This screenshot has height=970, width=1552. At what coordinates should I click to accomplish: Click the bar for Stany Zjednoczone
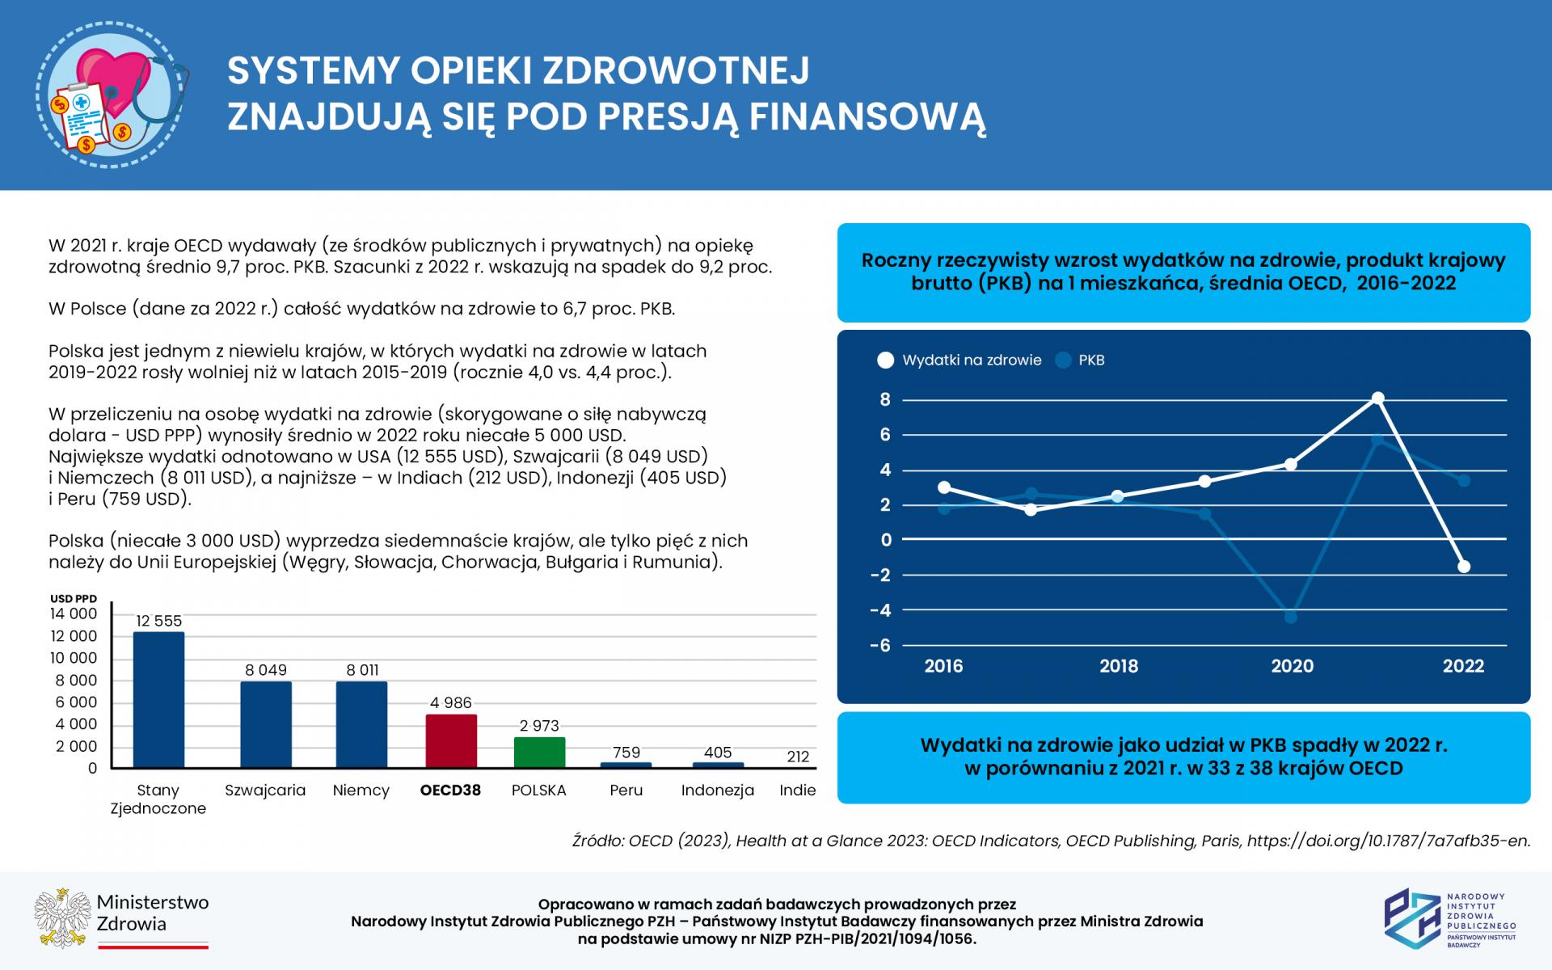click(158, 699)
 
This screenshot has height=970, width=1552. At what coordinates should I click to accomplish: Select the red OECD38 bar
click(451, 740)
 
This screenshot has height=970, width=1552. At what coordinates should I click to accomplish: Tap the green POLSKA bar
click(539, 752)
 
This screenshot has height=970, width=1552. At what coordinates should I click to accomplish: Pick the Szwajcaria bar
click(266, 724)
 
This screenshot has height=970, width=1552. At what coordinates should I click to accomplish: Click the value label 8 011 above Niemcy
click(362, 670)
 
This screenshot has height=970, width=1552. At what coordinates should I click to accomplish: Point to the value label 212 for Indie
click(798, 757)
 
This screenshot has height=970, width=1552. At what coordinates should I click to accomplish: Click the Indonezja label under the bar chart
click(718, 791)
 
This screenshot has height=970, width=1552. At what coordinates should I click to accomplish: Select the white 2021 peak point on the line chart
click(1377, 399)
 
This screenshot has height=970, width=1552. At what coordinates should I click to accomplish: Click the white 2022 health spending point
click(1464, 567)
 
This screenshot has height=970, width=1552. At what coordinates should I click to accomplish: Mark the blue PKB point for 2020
click(1291, 618)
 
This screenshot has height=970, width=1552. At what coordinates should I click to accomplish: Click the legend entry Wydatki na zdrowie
click(971, 361)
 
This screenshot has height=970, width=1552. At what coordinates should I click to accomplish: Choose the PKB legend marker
click(1064, 361)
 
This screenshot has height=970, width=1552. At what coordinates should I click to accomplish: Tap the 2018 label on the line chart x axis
click(1118, 666)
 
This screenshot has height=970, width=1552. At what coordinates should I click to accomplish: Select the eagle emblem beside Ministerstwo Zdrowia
click(61, 918)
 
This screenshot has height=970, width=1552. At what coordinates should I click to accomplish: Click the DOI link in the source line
click(1388, 841)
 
